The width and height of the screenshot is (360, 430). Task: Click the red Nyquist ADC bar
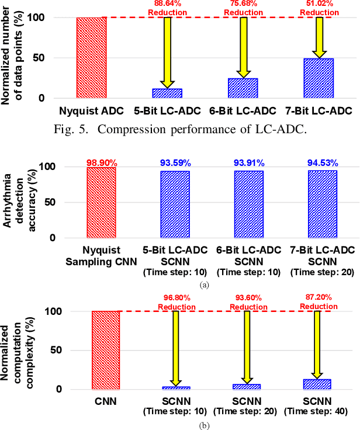[x=91, y=57]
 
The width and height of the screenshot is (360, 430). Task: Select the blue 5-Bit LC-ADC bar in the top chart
[x=167, y=93]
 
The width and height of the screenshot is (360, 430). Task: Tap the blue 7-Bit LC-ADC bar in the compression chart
[x=319, y=78]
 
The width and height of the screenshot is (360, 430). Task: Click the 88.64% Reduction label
[x=168, y=8]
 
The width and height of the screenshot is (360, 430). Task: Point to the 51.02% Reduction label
[x=319, y=8]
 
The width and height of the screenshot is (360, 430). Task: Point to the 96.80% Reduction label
[x=176, y=303]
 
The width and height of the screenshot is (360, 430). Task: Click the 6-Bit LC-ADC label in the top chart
[x=243, y=110]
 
